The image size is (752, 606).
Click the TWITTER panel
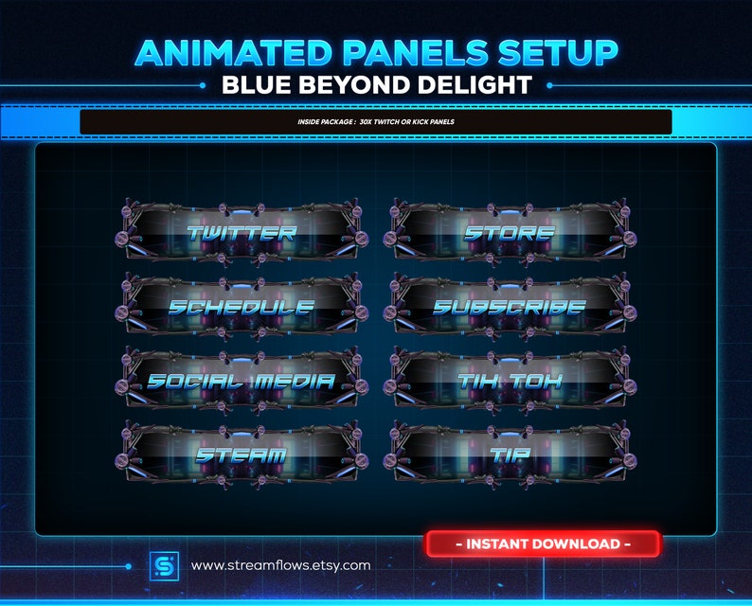[x=241, y=231]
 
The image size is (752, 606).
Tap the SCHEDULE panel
[x=241, y=306]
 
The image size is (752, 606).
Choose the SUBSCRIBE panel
[x=510, y=307]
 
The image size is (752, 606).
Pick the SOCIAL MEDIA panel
[x=241, y=381]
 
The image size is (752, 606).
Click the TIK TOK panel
[x=510, y=381]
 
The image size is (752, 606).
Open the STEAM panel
[x=241, y=455]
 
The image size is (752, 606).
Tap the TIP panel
[x=510, y=455]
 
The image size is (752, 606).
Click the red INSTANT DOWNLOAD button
[x=543, y=544]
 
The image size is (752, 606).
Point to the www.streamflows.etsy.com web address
[x=280, y=565]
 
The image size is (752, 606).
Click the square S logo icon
[x=163, y=565]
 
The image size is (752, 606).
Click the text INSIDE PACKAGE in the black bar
[x=323, y=123]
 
